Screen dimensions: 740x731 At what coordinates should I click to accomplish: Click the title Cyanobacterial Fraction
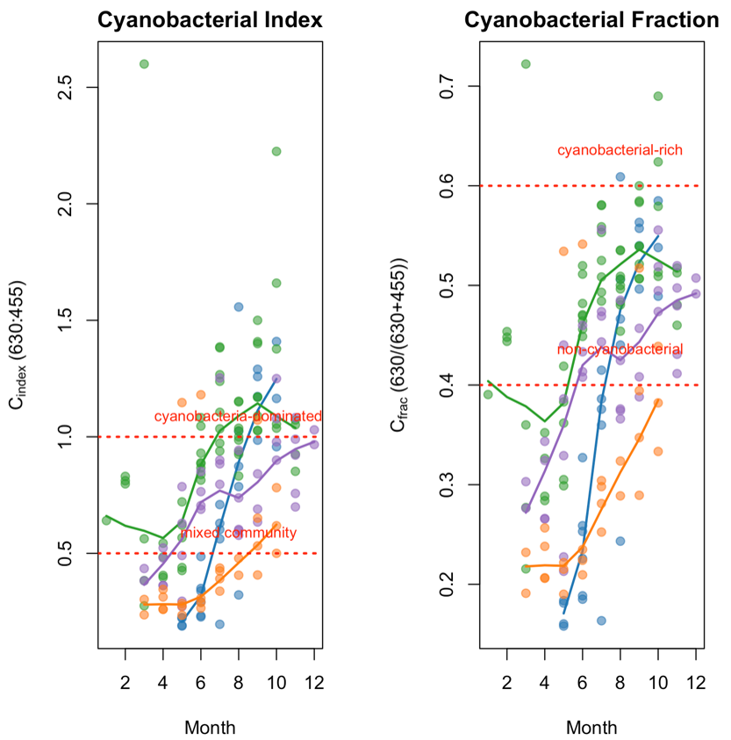click(x=591, y=20)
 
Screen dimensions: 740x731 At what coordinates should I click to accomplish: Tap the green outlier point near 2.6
click(x=144, y=64)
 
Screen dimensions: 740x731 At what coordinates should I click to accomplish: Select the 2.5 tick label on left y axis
click(x=64, y=87)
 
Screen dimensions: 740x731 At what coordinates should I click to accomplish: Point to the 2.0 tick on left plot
click(x=64, y=204)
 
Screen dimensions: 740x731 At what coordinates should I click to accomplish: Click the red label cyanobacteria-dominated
click(x=238, y=416)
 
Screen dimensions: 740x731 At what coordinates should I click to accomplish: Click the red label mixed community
click(x=238, y=533)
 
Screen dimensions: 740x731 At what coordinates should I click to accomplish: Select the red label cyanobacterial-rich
click(x=620, y=150)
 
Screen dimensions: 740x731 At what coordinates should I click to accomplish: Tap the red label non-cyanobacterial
click(x=620, y=349)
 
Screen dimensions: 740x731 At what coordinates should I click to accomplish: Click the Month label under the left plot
click(x=209, y=727)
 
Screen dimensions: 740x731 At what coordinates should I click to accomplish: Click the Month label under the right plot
click(x=591, y=727)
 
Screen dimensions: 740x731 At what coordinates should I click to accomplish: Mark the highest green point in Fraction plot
click(x=527, y=64)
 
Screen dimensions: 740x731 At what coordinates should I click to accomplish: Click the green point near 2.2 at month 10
click(x=276, y=152)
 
